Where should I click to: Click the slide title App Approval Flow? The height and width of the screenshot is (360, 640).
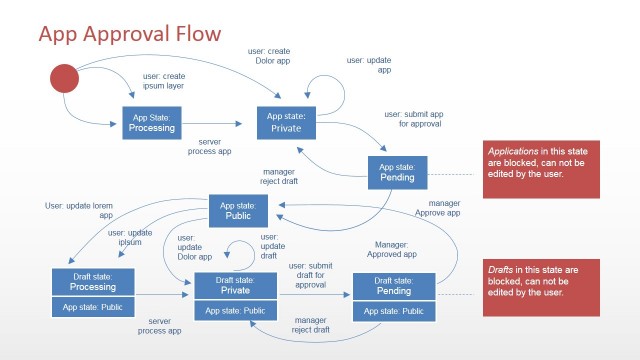[x=130, y=36]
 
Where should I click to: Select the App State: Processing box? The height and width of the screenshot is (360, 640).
[x=152, y=122]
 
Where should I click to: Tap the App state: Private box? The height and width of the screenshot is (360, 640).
[x=285, y=122]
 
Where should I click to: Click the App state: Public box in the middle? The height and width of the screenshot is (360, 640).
[x=238, y=210]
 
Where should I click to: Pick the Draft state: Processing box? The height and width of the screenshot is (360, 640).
[x=93, y=281]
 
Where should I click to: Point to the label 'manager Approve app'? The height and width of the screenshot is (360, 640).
[x=437, y=208]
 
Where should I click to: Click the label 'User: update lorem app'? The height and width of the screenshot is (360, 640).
[x=79, y=210]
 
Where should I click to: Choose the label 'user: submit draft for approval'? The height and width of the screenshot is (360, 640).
[x=310, y=274]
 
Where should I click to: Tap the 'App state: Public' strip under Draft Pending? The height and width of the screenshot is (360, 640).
[x=394, y=311]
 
